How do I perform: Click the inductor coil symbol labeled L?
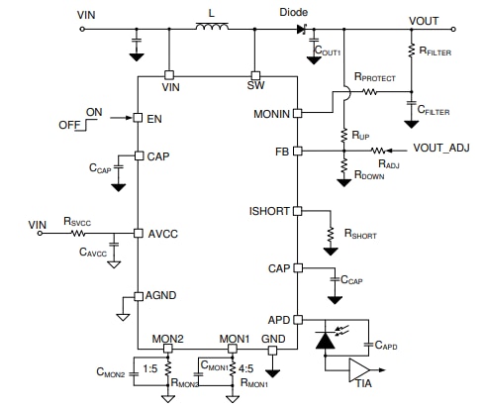[211, 29]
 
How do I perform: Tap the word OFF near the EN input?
[68, 124]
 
